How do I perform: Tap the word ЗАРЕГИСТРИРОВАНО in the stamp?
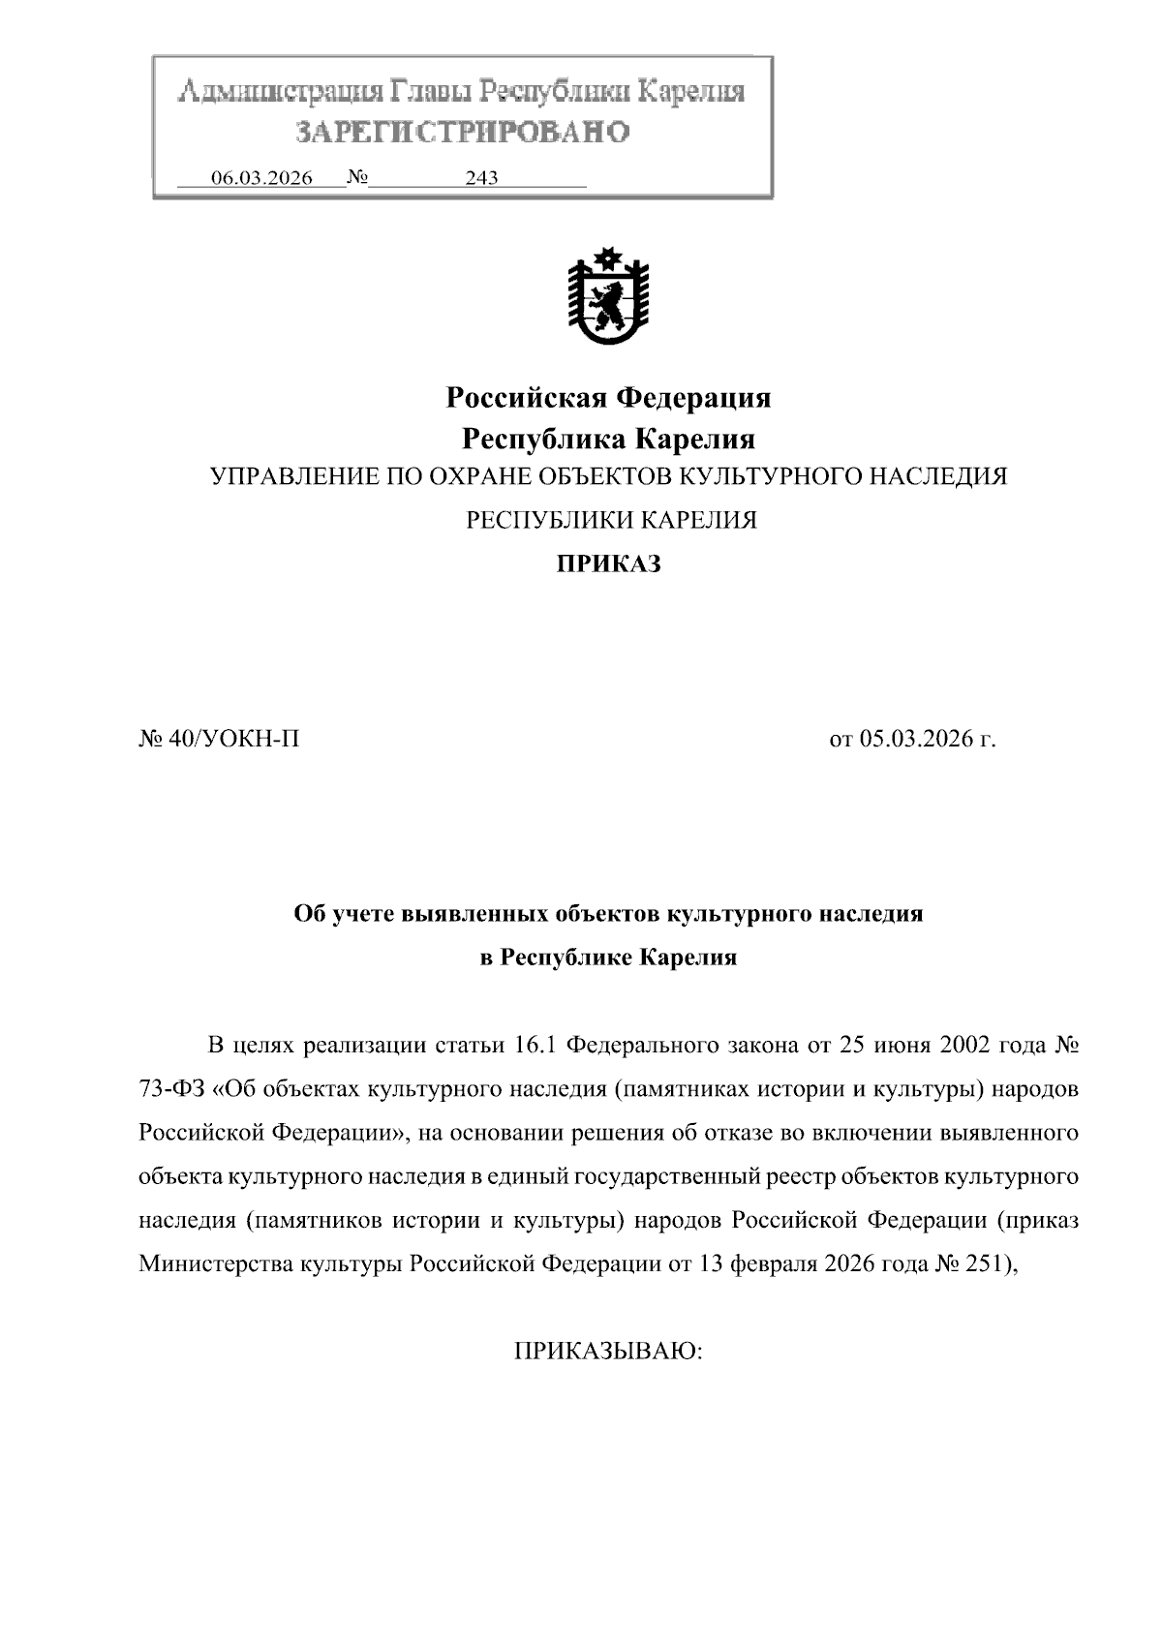[463, 132]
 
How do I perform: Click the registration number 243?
[481, 178]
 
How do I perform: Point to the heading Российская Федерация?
[608, 398]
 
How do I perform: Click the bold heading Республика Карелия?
[608, 440]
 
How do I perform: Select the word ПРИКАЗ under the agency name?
[608, 564]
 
